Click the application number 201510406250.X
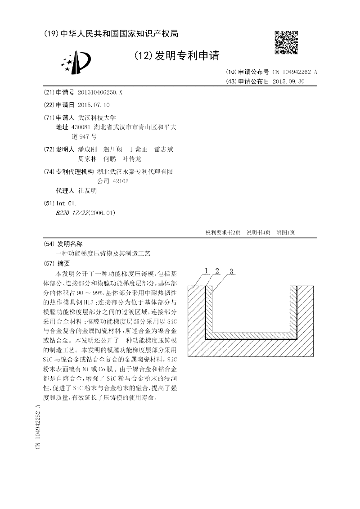[100, 92]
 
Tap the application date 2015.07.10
[94, 105]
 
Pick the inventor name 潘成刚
[87, 149]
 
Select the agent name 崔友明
[87, 191]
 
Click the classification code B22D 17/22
[72, 212]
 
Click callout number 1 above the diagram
[206, 271]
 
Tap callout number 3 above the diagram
[231, 271]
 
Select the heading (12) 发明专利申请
[176, 56]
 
